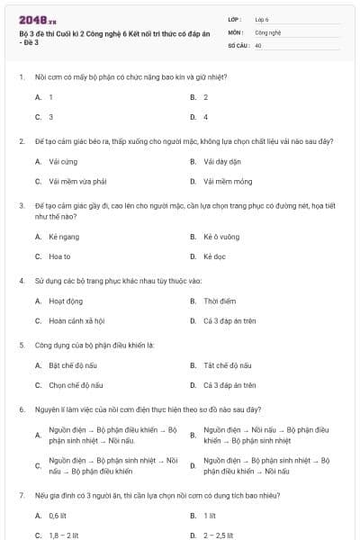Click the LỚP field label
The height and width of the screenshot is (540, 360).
click(235, 19)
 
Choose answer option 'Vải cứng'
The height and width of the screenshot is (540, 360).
click(59, 162)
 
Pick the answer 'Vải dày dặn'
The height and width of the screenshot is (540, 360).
click(220, 162)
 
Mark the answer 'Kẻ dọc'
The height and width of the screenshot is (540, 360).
click(214, 256)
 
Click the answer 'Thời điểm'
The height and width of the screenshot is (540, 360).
click(220, 301)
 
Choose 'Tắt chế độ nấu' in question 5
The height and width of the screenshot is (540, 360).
click(227, 365)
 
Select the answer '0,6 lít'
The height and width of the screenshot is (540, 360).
click(58, 516)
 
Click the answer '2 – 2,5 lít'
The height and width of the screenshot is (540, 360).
click(221, 535)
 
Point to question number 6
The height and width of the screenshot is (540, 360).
click(22, 409)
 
